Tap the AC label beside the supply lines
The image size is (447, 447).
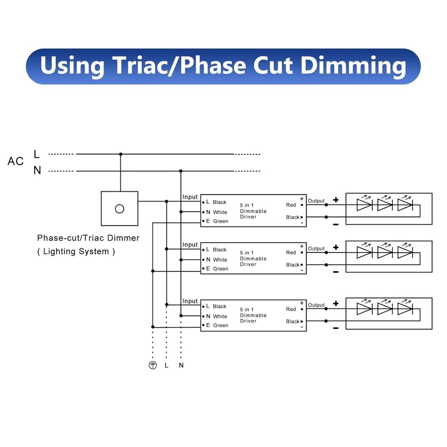click(16, 161)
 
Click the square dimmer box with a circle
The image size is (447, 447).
click(119, 208)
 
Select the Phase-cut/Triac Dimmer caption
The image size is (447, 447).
click(88, 238)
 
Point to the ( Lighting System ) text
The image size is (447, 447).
click(76, 252)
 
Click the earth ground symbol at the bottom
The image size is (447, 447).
click(153, 365)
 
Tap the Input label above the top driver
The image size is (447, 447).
click(190, 197)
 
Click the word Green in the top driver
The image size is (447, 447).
click(220, 221)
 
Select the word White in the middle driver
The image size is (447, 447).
click(220, 260)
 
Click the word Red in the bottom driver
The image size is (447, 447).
click(291, 309)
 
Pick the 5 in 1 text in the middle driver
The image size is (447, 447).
click(247, 253)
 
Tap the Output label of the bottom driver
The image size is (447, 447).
click(316, 305)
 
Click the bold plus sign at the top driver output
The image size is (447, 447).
click(336, 200)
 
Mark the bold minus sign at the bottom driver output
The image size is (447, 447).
click(336, 328)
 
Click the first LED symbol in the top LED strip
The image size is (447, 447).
click(364, 205)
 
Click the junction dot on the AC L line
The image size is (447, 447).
click(120, 154)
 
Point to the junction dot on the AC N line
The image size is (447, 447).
click(181, 171)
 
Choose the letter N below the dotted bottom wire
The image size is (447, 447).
click(181, 365)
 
